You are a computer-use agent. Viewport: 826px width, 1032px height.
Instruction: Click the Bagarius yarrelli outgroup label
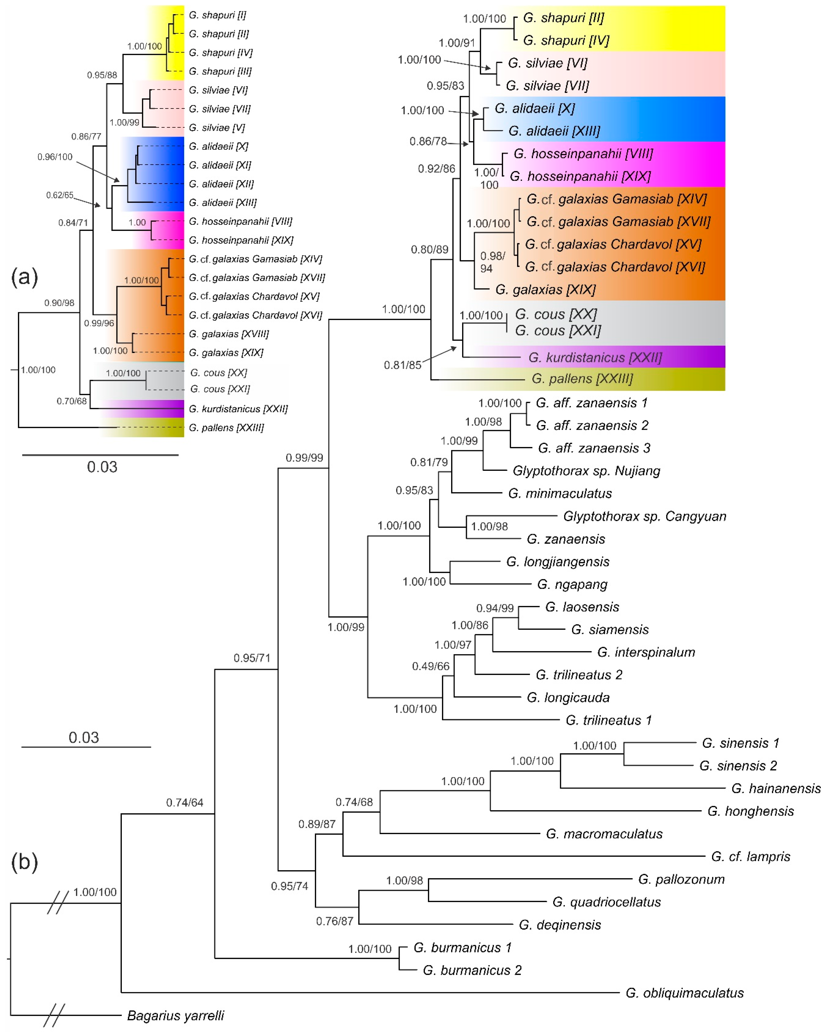tap(175, 1015)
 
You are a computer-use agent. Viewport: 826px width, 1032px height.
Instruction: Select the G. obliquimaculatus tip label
tap(684, 993)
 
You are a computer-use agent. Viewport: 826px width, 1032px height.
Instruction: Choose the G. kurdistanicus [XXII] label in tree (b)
tap(595, 357)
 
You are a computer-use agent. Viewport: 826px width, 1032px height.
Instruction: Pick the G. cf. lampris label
tap(750, 856)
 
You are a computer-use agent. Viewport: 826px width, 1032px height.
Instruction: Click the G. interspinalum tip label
tap(646, 652)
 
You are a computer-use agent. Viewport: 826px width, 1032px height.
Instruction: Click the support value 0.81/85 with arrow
tap(402, 365)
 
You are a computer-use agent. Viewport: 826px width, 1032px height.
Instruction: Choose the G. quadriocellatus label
tap(606, 902)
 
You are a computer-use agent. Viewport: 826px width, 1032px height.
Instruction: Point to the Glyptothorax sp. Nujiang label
tap(586, 471)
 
